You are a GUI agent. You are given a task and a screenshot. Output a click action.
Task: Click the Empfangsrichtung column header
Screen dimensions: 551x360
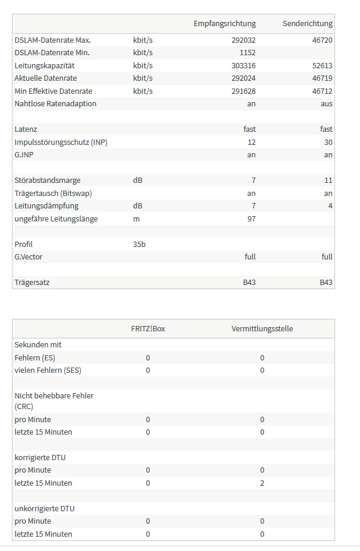(225, 23)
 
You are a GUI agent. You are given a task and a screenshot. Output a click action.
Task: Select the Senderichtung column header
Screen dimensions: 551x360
(308, 23)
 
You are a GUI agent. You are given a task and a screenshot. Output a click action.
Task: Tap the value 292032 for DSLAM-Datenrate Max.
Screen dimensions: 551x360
(244, 40)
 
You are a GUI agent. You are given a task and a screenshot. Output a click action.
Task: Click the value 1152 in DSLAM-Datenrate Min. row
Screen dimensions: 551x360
(248, 53)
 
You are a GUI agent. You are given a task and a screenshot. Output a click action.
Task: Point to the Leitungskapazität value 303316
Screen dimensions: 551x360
(244, 65)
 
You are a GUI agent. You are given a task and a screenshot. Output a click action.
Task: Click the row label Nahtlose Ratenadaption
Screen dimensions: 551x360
(55, 104)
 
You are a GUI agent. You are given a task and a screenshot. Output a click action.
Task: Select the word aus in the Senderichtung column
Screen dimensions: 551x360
(326, 104)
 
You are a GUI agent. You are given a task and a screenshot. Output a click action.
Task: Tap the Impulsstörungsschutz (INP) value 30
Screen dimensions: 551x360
(329, 142)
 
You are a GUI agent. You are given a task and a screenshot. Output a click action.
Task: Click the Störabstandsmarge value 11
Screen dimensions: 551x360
(329, 180)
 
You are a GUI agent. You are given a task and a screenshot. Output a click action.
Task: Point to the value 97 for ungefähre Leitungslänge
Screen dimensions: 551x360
(251, 218)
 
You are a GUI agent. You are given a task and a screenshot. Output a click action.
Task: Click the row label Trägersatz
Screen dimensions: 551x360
(32, 282)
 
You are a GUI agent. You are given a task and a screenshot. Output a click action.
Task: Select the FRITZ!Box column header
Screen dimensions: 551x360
(148, 328)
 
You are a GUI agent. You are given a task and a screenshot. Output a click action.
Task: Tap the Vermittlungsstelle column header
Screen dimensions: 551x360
(262, 328)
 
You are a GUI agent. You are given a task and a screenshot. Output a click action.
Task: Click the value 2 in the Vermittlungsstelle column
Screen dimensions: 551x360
(262, 483)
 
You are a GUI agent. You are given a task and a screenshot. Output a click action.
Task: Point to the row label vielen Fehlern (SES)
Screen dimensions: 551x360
(48, 370)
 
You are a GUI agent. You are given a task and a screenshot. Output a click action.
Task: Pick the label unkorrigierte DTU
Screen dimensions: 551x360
(45, 508)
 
